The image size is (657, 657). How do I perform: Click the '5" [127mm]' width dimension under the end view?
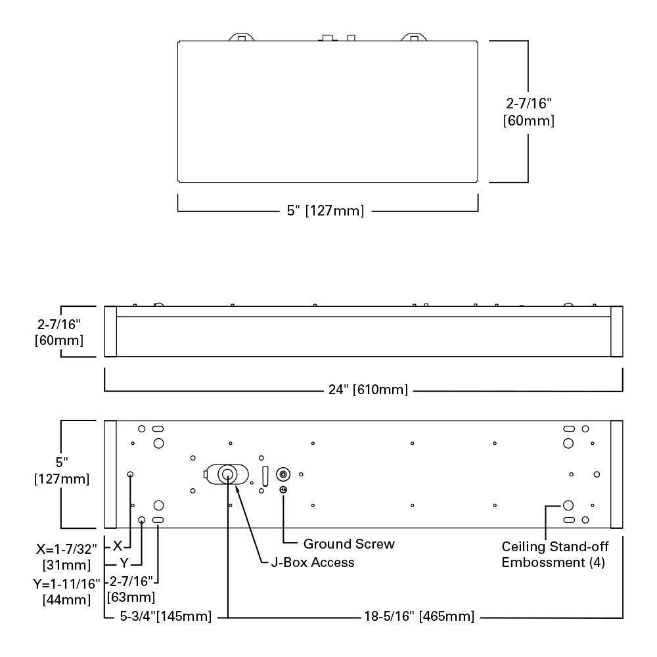[x=325, y=211]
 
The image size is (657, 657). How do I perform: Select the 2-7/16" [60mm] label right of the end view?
[x=528, y=112]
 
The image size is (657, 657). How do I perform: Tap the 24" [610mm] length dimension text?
[x=368, y=390]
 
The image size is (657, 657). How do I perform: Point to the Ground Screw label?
[x=348, y=544]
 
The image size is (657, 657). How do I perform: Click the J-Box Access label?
[x=313, y=562]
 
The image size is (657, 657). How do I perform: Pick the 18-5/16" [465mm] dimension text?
[x=419, y=617]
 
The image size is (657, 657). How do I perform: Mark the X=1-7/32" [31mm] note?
[x=66, y=555]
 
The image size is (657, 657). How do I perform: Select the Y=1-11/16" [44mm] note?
[x=66, y=591]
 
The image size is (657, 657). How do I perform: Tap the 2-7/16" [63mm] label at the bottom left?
[x=131, y=589]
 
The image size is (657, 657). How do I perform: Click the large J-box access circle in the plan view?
[x=227, y=474]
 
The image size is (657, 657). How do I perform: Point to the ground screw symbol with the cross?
[x=283, y=489]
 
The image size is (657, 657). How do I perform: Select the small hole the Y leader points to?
[x=142, y=520]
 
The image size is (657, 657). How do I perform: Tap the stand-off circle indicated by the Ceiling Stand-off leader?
[x=568, y=506]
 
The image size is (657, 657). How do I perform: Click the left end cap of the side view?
[x=110, y=331]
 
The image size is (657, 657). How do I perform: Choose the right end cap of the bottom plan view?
[x=616, y=474]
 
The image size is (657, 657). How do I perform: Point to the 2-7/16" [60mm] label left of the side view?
[x=59, y=332]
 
